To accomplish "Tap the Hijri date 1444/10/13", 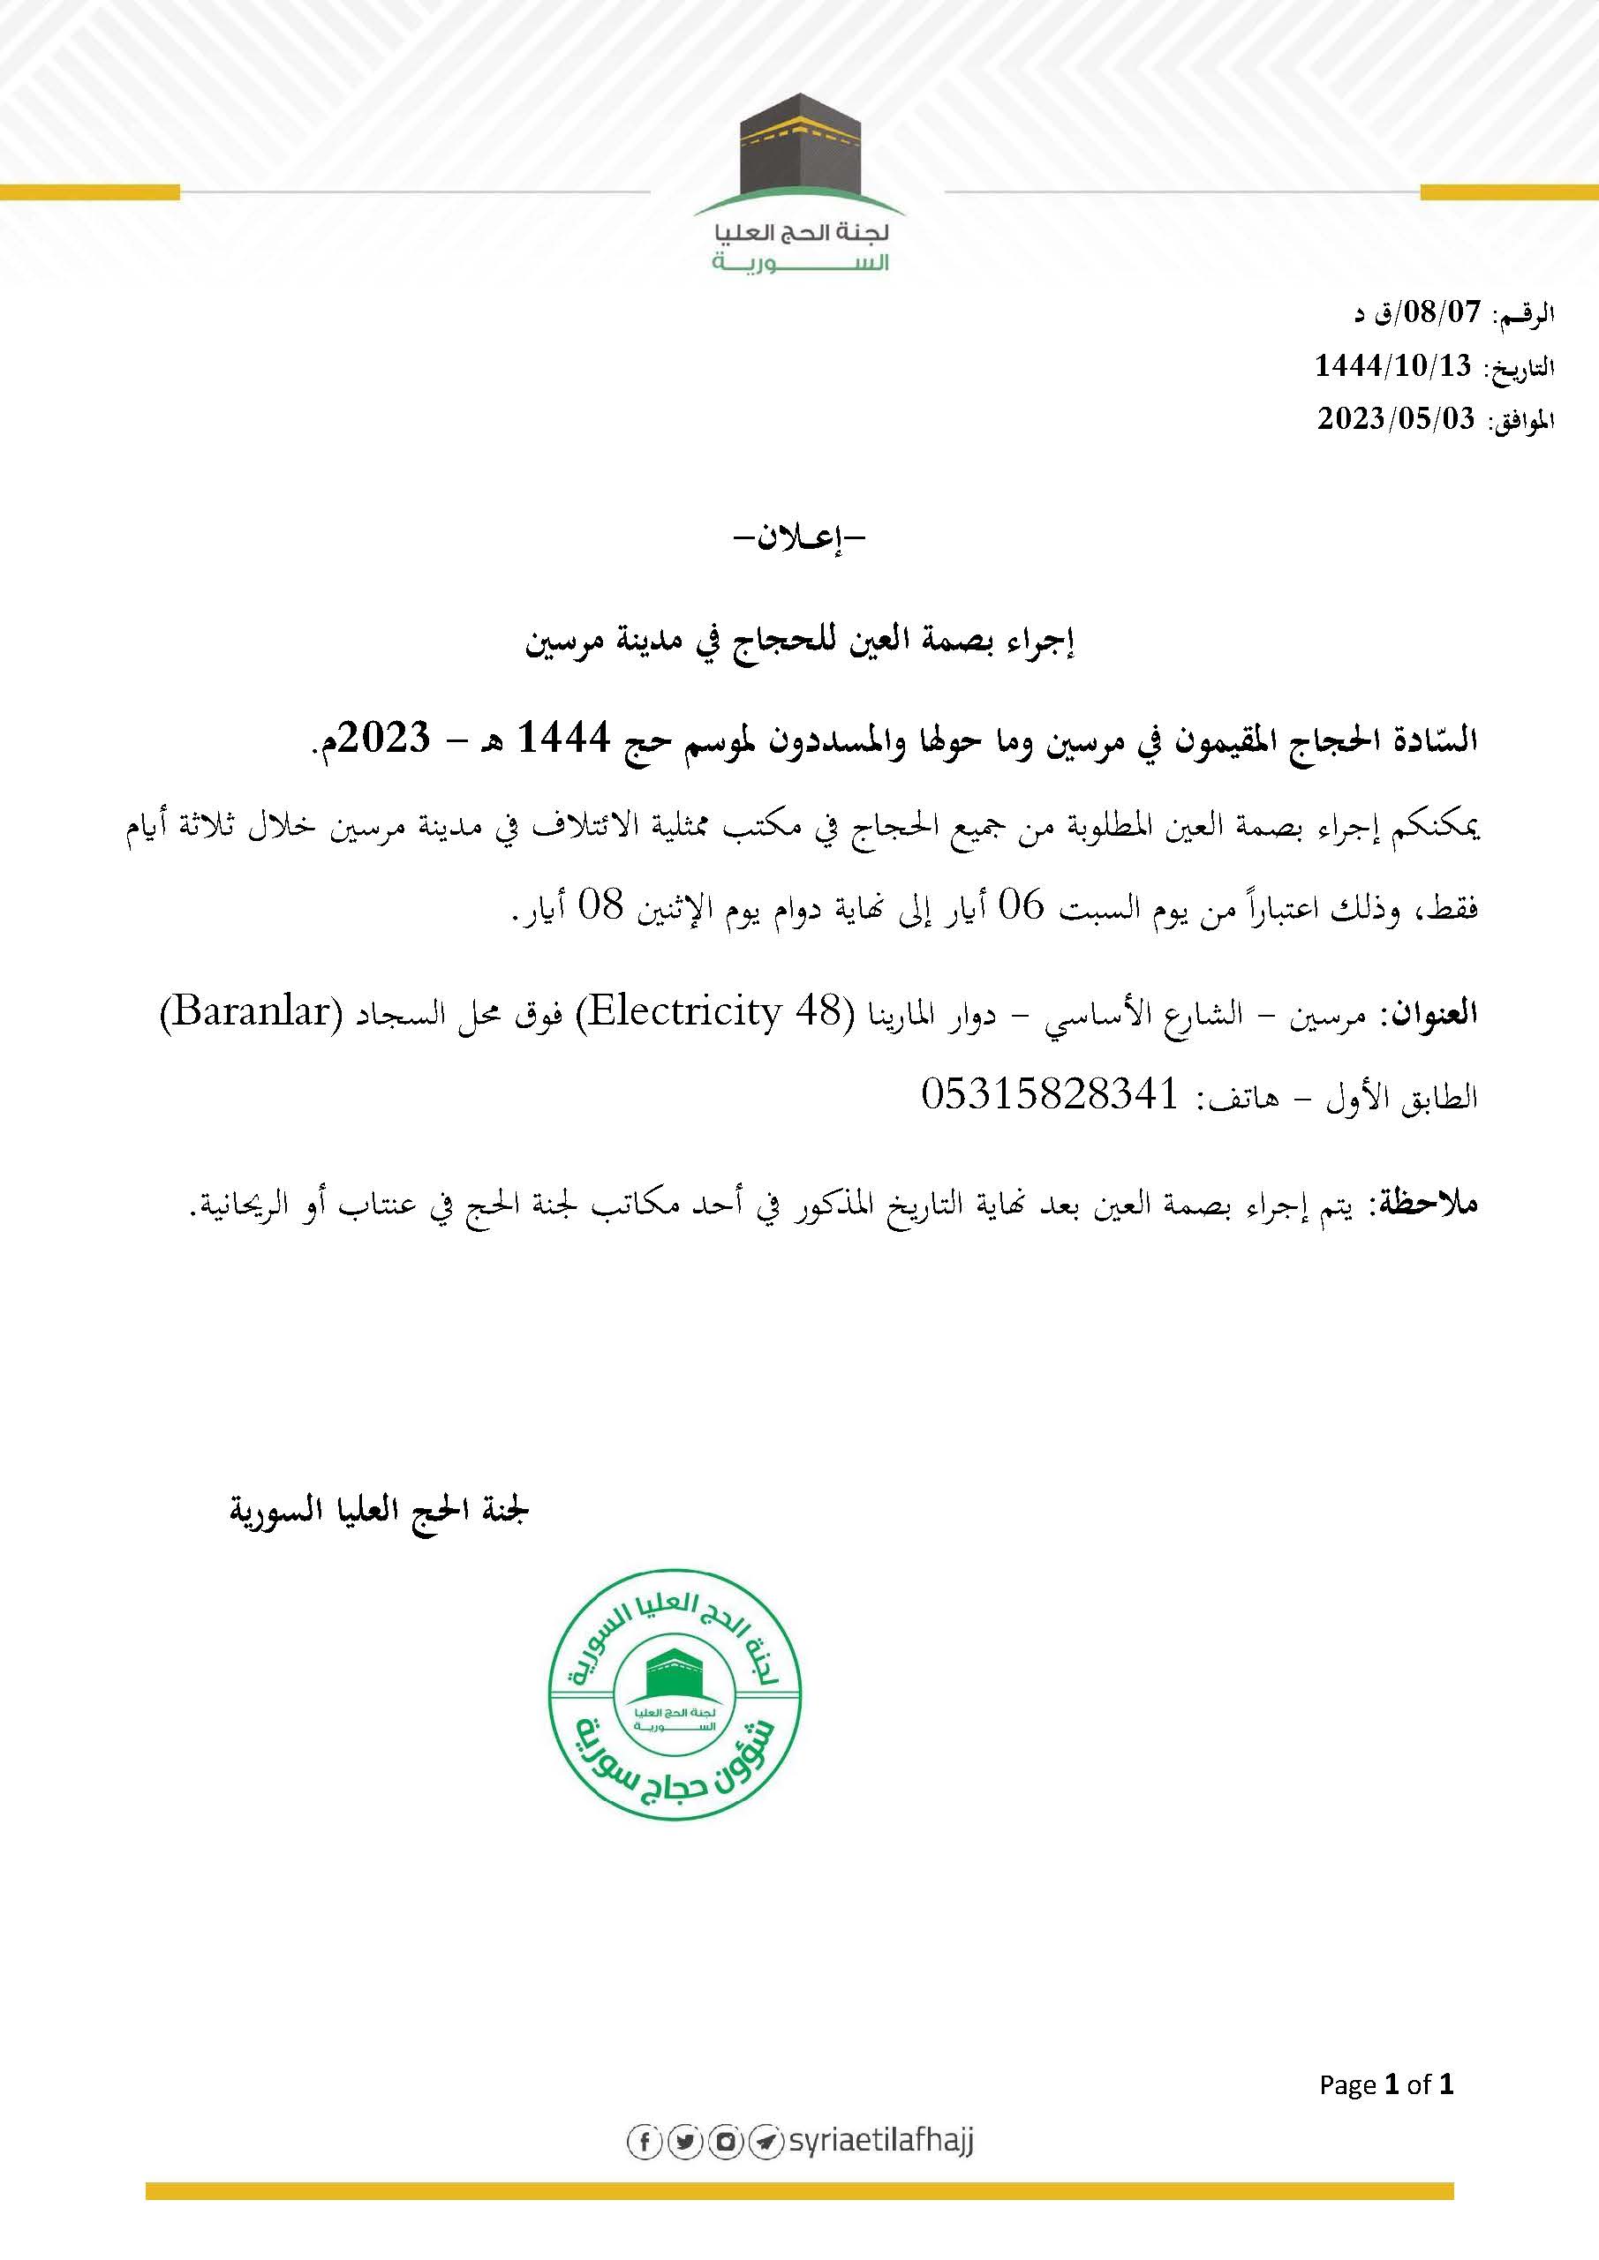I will [x=1392, y=366].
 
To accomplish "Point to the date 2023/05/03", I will [x=1396, y=419].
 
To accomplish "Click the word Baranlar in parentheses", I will [x=250, y=1012].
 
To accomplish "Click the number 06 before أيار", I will [x=1021, y=905].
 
